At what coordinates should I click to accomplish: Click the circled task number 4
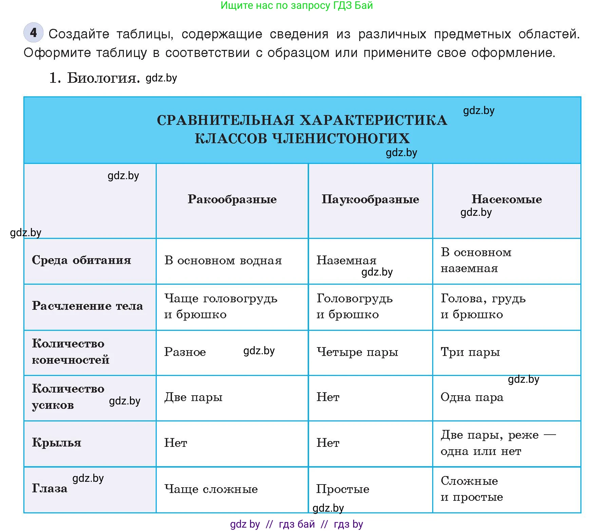click(33, 33)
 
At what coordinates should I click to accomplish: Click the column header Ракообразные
click(232, 199)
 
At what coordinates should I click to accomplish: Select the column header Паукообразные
click(370, 199)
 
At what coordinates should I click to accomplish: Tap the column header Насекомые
click(506, 199)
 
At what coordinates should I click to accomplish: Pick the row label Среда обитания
click(81, 260)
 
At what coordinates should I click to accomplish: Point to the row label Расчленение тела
click(87, 306)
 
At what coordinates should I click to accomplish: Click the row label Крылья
click(57, 443)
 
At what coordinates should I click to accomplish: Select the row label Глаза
click(50, 489)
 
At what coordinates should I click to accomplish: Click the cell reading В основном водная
click(223, 261)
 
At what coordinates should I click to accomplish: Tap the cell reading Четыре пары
click(357, 352)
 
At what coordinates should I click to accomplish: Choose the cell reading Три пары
click(470, 352)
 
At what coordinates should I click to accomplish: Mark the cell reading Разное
click(185, 352)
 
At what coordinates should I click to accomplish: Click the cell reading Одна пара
click(472, 397)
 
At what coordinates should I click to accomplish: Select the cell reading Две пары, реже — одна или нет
click(498, 443)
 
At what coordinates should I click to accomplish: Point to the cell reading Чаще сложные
click(211, 489)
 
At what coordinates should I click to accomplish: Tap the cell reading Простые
click(343, 489)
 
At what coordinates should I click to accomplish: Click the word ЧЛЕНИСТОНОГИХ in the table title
click(341, 138)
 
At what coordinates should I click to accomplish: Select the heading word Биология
click(103, 78)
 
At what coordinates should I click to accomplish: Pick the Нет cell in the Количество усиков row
click(328, 397)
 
